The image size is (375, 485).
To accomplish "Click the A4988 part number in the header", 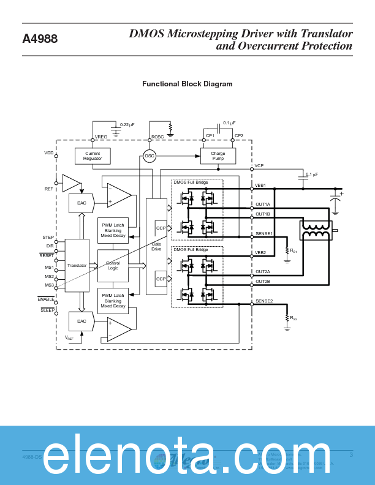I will point(40,39).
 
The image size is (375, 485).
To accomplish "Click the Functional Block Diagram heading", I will point(187,84).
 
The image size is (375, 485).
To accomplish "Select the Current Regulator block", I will point(93,156).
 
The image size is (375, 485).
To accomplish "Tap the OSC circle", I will point(150,156).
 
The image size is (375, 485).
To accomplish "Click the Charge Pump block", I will point(218,156).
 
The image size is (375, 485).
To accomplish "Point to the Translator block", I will point(77,266).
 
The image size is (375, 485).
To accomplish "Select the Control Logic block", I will point(113,266).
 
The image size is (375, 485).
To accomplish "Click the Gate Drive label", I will point(156,247).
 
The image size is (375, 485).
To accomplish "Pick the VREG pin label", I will point(100,136).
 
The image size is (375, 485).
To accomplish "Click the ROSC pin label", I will point(157,136).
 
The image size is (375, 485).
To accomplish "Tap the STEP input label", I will point(48,237).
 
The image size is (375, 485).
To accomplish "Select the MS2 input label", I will point(48,276).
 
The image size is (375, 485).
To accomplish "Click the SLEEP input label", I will point(47,310).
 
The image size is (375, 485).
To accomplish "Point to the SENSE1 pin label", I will point(264,233).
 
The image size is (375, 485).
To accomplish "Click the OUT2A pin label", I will point(263,271).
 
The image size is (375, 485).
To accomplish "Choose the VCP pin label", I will point(259,166).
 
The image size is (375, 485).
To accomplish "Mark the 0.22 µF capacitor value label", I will point(127,124).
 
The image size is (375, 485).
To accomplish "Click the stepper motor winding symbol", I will point(316,230).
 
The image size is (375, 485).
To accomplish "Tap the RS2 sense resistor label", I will point(294,318).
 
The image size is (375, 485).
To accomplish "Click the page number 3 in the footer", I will point(351,454).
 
